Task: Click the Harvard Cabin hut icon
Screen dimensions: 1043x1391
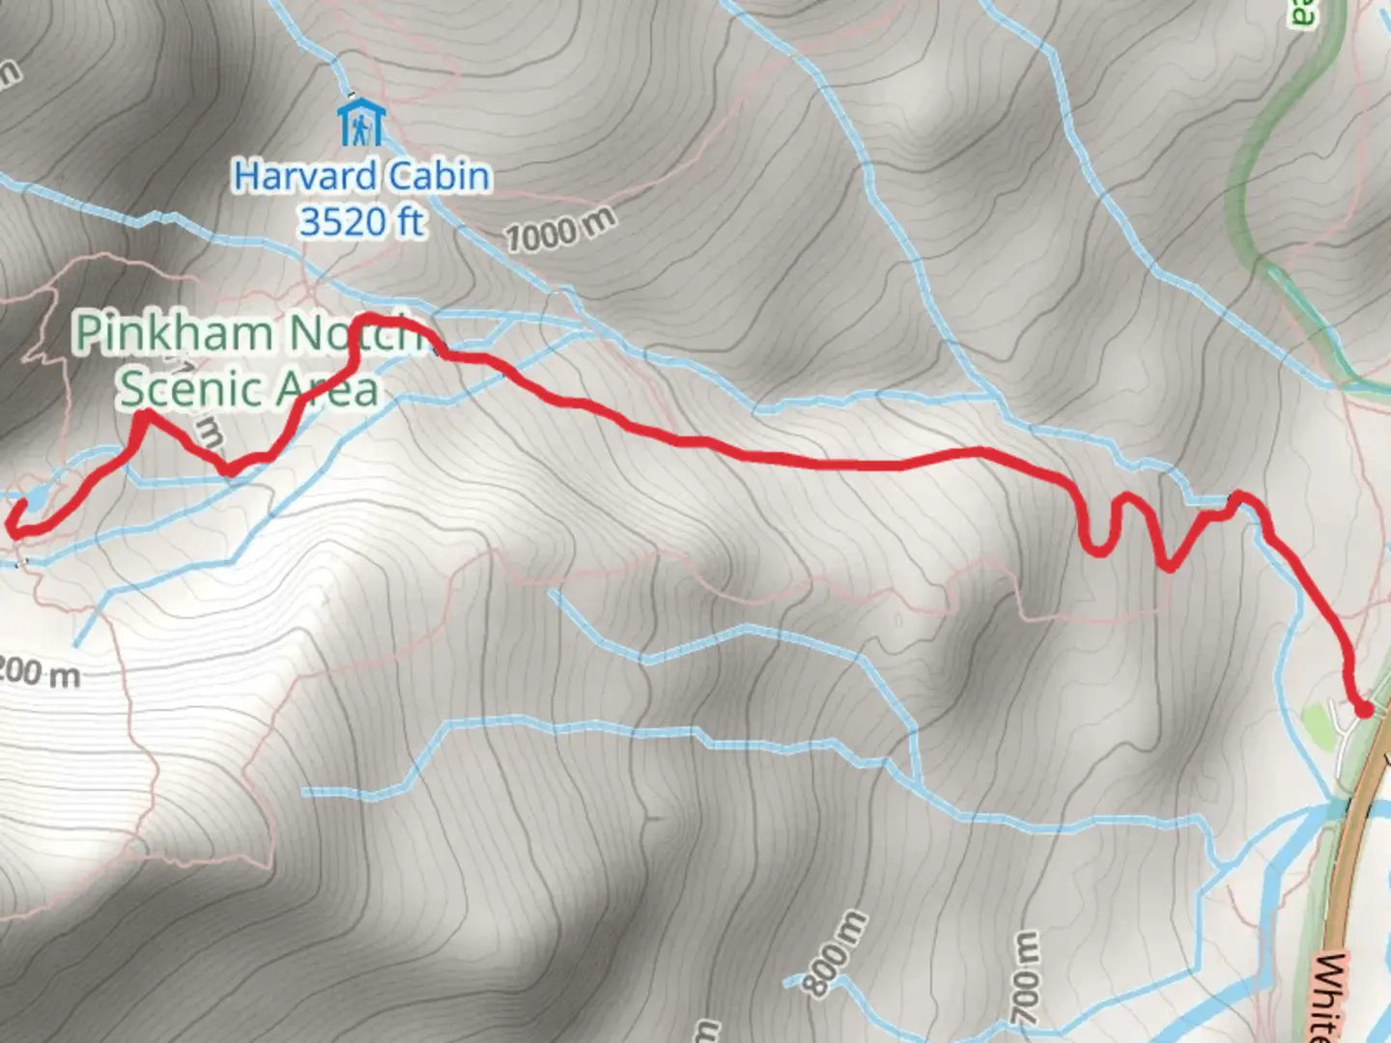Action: (361, 123)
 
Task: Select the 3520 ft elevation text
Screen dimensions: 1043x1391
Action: (361, 222)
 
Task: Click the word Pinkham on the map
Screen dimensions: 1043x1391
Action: (174, 333)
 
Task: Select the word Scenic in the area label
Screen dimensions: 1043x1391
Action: (190, 389)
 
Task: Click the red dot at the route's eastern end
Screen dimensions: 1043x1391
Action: (1364, 710)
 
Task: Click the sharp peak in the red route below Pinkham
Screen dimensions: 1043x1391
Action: (145, 415)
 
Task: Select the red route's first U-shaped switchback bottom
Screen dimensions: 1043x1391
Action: (1097, 550)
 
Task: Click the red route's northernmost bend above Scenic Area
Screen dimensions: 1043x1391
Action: (372, 319)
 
